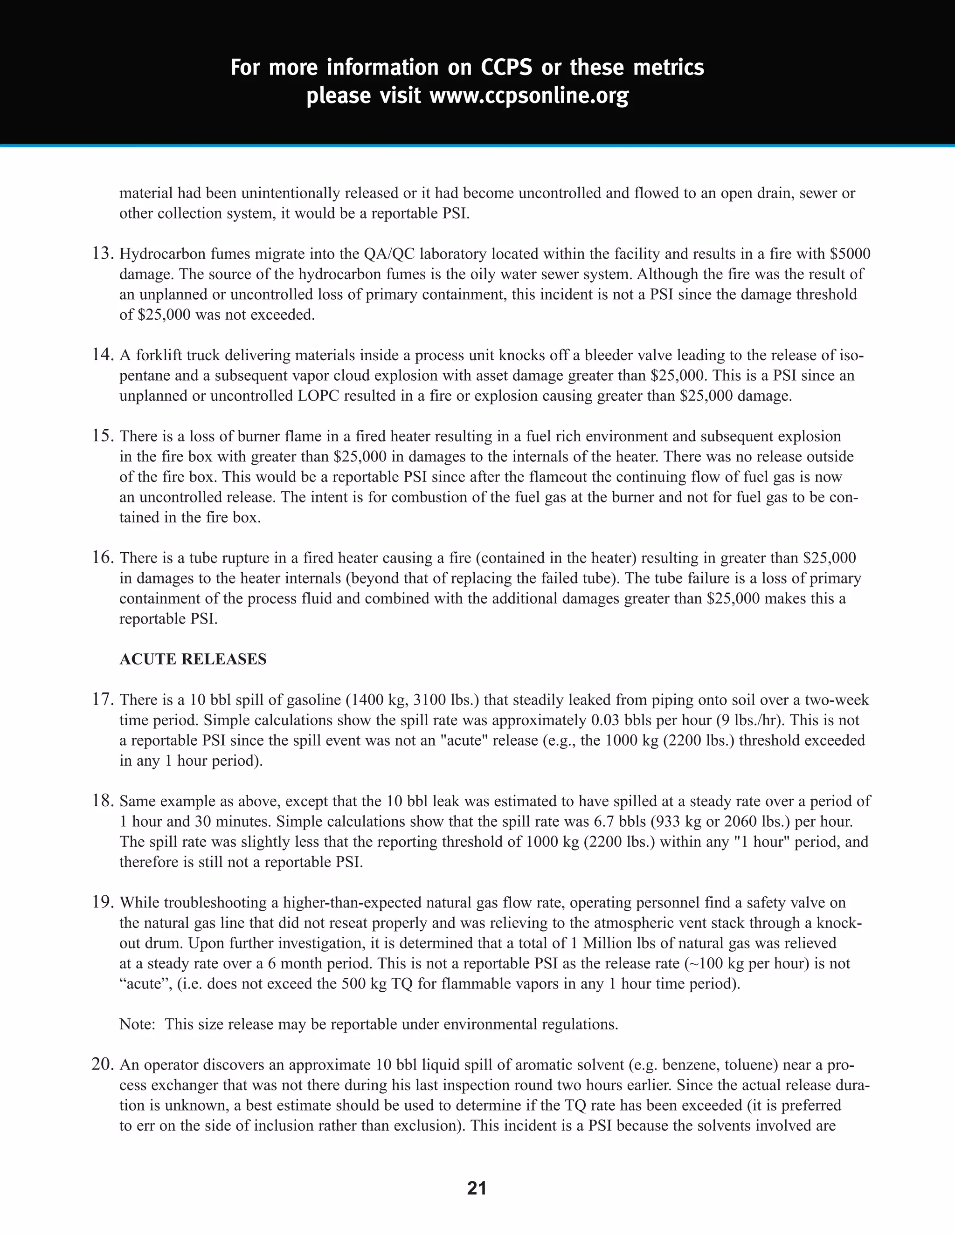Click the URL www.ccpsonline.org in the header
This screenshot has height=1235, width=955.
click(x=528, y=96)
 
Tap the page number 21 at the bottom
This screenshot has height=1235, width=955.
click(x=477, y=1188)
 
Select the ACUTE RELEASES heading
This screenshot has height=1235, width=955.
click(x=193, y=659)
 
